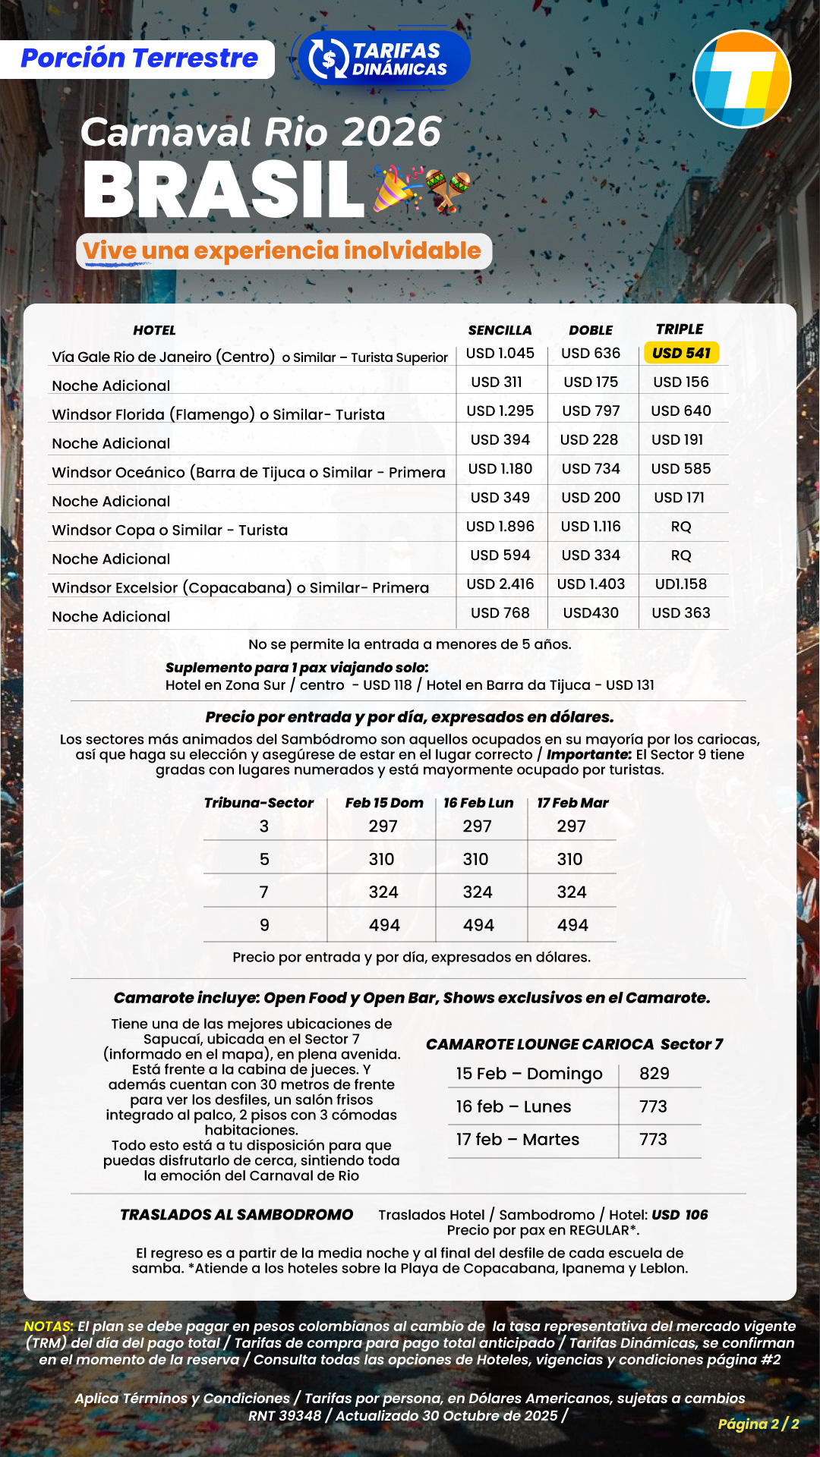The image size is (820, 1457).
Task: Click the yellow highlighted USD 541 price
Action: [681, 353]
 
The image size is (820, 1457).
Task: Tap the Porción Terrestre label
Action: [139, 58]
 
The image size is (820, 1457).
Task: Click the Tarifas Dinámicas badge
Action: [384, 59]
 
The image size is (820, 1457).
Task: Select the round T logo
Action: [742, 79]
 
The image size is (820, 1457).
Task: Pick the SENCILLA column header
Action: [500, 330]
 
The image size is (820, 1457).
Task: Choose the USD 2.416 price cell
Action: [500, 584]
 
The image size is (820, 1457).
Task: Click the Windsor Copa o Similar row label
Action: [169, 530]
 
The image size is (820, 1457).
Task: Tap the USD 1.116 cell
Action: [591, 527]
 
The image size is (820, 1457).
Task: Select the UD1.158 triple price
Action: [680, 584]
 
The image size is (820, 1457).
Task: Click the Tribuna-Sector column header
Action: [258, 803]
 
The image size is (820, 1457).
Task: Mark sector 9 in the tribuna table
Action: [264, 925]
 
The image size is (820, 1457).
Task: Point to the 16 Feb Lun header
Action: [478, 803]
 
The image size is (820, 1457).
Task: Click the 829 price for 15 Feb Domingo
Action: [654, 1074]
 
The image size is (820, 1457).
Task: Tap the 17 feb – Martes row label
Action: [517, 1140]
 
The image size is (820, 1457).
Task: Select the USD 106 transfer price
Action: [680, 1215]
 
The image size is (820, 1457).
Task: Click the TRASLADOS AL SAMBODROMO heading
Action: [236, 1215]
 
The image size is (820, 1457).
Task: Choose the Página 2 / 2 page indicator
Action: [758, 1424]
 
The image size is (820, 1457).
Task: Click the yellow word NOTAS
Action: [49, 1326]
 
